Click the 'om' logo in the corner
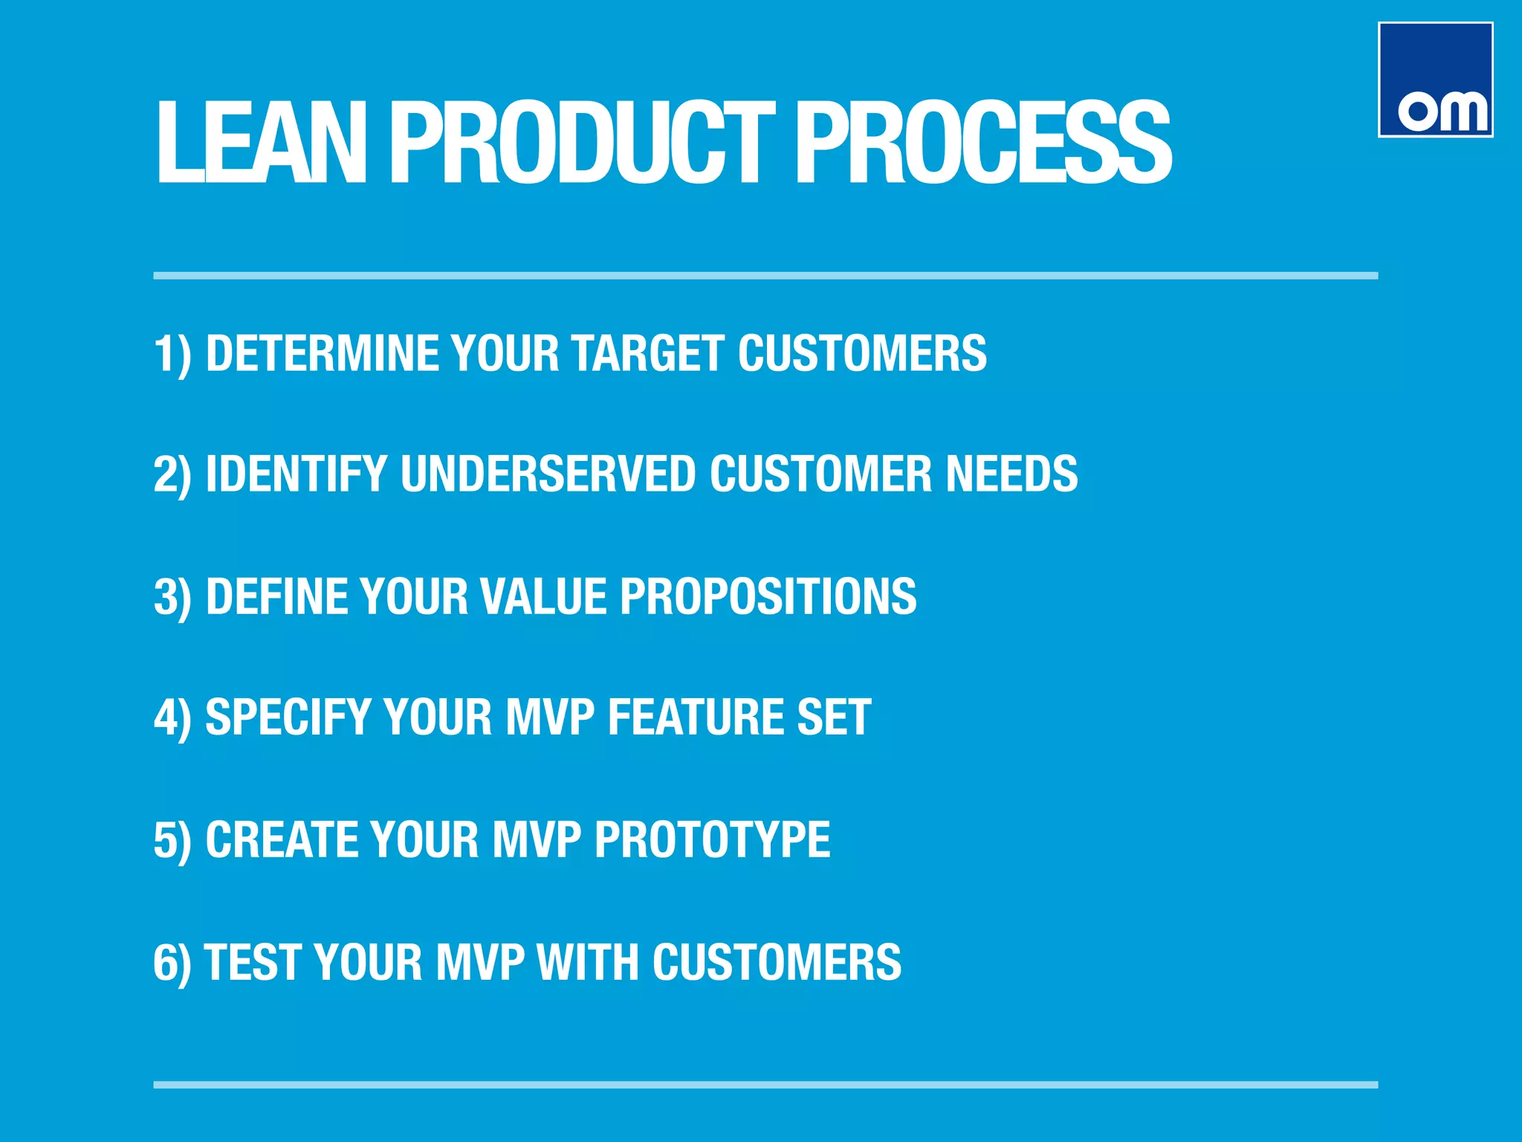1435,80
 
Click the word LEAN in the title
261,142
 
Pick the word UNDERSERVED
548,474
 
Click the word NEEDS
1011,474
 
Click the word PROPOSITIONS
768,596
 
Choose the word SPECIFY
288,717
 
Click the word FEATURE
696,717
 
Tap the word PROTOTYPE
712,839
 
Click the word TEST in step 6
252,962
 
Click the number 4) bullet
172,719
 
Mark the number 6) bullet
172,964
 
